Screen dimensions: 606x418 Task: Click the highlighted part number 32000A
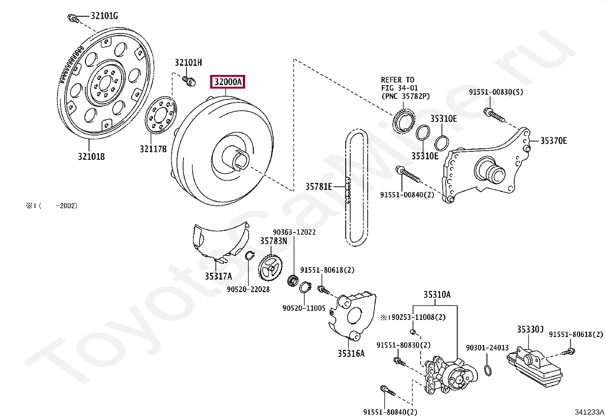pos(228,82)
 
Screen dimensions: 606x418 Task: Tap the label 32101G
pos(104,16)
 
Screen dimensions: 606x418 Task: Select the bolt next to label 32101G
pos(73,18)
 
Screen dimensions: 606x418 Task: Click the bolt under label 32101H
pos(189,81)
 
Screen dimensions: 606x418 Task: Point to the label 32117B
pos(153,149)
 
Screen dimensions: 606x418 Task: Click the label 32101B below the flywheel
pos(91,157)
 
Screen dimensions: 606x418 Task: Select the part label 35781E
pos(319,186)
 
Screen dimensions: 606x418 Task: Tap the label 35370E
pos(553,141)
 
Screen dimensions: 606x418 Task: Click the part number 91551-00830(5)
pos(496,92)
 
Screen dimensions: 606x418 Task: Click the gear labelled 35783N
pos(270,267)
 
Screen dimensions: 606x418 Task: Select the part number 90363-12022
pos(294,232)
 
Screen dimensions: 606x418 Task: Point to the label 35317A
pos(218,277)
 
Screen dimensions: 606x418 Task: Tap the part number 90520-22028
pos(248,289)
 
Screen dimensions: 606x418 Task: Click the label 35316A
pos(351,353)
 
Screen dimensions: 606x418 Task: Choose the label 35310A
pos(437,294)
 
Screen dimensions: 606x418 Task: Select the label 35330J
pos(530,329)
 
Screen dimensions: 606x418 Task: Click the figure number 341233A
pos(589,412)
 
